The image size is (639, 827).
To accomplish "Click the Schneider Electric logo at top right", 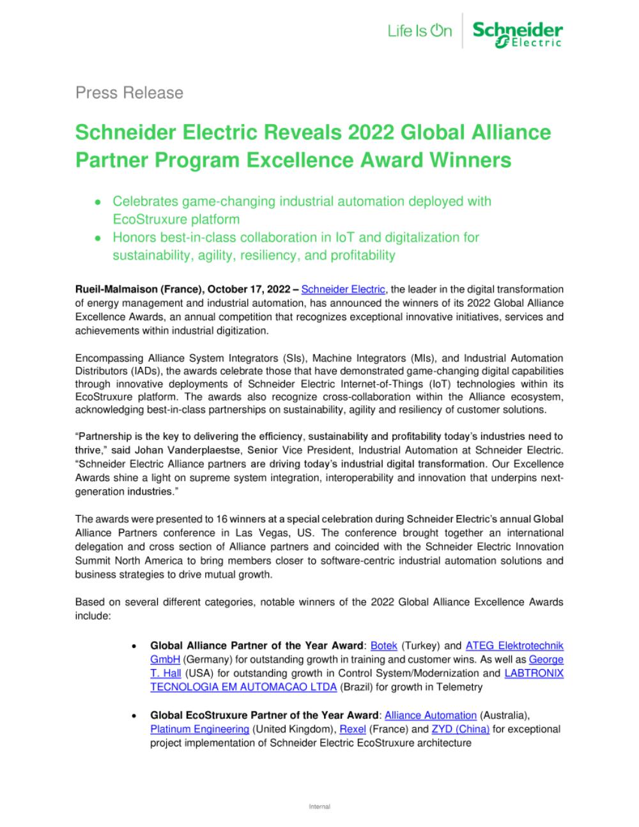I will tap(518, 34).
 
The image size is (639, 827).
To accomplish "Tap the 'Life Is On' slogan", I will tap(419, 31).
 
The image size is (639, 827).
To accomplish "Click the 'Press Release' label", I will tap(129, 93).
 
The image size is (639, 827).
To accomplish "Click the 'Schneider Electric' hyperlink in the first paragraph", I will tap(343, 289).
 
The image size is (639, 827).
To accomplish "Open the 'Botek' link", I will tap(383, 645).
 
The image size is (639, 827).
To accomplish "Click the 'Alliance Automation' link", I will tap(430, 715).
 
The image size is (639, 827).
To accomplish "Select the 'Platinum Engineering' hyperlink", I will tap(199, 729).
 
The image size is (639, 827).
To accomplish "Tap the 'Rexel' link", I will tap(352, 729).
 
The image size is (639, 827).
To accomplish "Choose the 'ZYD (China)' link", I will tap(460, 729).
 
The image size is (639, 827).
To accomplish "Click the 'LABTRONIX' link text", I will tap(534, 673).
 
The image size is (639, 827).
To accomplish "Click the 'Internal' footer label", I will tap(319, 807).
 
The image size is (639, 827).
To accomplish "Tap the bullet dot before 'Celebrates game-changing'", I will tap(97, 202).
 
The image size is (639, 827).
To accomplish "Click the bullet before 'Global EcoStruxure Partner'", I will tap(132, 716).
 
